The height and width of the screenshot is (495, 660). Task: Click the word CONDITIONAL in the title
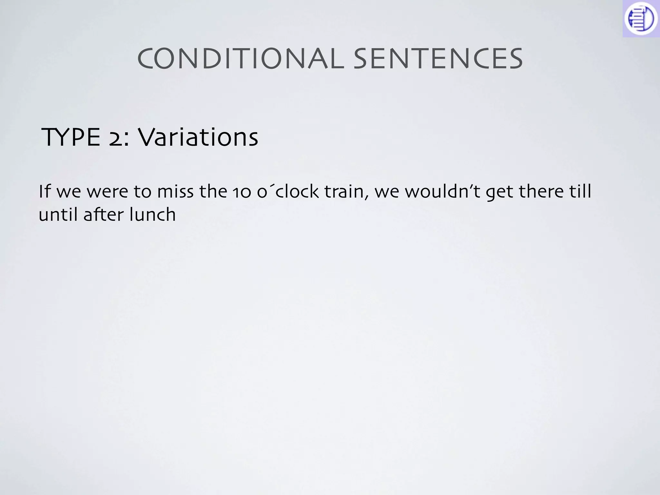240,59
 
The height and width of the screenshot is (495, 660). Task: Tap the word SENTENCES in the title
438,59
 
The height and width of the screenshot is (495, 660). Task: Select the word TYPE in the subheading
71,138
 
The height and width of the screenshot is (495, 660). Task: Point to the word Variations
198,138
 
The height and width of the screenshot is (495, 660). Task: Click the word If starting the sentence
45,191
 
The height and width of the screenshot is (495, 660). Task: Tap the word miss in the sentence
175,191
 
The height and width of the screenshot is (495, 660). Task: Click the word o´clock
288,191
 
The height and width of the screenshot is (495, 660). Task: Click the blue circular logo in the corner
641,19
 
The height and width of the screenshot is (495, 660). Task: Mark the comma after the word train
367,197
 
